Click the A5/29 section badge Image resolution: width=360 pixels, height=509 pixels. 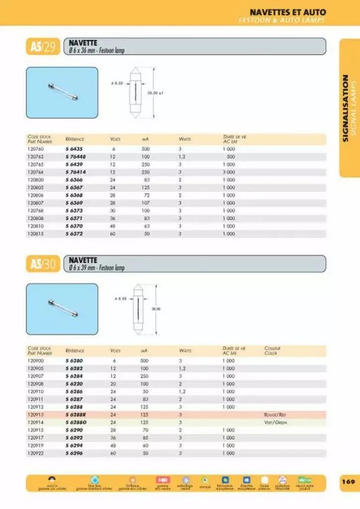(x=43, y=47)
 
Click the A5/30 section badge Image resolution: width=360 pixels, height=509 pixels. (x=43, y=264)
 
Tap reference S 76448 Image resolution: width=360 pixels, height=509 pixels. (x=76, y=156)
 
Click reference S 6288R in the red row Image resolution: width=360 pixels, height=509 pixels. (x=76, y=415)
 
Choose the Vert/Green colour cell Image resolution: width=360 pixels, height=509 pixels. (x=275, y=422)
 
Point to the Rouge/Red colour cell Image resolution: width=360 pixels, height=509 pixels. (x=275, y=415)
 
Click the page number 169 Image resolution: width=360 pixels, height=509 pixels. (x=348, y=482)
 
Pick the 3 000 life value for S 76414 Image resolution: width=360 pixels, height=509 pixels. (x=228, y=171)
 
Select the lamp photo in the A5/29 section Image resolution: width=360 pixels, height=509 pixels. (x=62, y=92)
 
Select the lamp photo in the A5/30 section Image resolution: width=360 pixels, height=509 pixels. (x=62, y=309)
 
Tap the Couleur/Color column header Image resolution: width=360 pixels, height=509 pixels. (x=271, y=350)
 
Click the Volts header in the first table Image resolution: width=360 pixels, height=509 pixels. (x=115, y=139)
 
